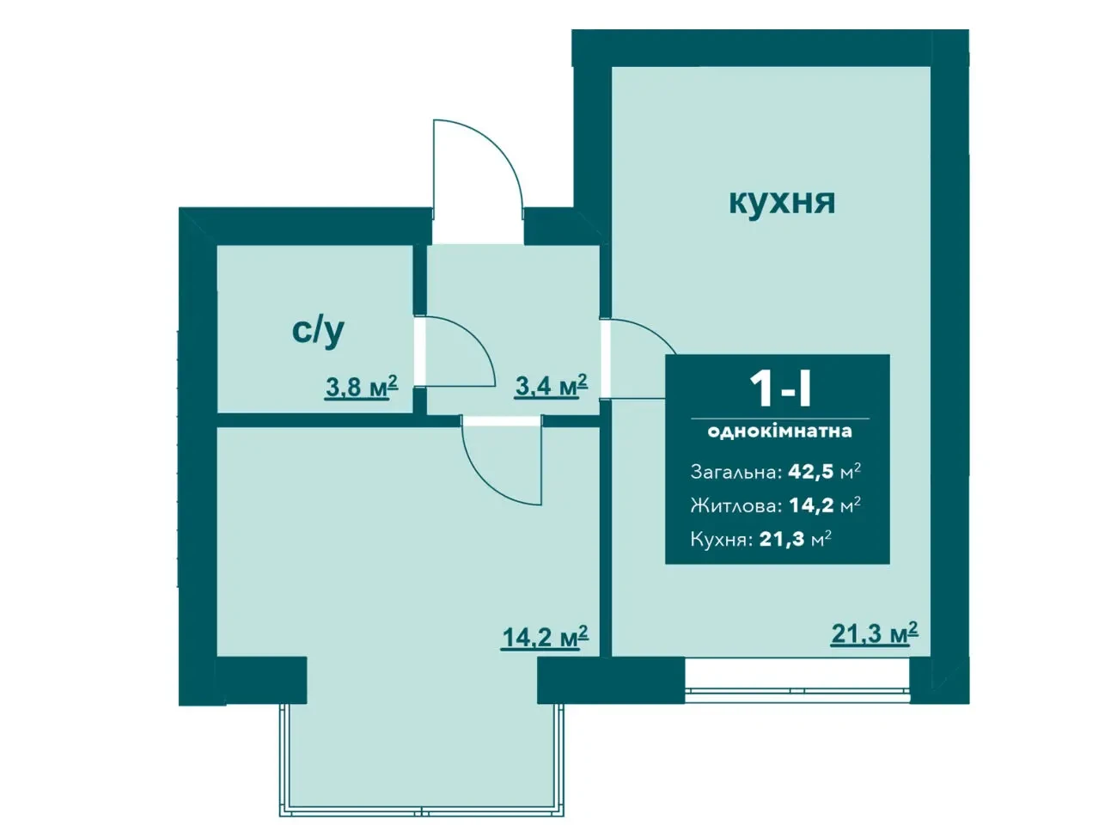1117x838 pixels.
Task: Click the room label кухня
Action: pyautogui.click(x=781, y=202)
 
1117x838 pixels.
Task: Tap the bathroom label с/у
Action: pyautogui.click(x=318, y=330)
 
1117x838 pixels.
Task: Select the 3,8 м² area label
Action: pyautogui.click(x=361, y=387)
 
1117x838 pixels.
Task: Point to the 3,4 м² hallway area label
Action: pyautogui.click(x=551, y=385)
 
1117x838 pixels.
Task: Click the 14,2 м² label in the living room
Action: pyautogui.click(x=545, y=637)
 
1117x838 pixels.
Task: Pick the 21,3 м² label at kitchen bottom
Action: pyautogui.click(x=874, y=633)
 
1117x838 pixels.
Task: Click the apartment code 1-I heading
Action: pyautogui.click(x=780, y=388)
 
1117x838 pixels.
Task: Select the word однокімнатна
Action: pyautogui.click(x=779, y=431)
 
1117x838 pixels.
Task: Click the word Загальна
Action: pyautogui.click(x=736, y=473)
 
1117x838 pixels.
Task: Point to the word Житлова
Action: pyautogui.click(x=736, y=505)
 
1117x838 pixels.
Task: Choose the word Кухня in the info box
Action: pyautogui.click(x=721, y=540)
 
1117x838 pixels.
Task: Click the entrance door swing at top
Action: pyautogui.click(x=477, y=172)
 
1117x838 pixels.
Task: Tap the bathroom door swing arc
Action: pyautogui.click(x=460, y=352)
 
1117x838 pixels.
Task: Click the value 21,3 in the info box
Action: pyautogui.click(x=783, y=540)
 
